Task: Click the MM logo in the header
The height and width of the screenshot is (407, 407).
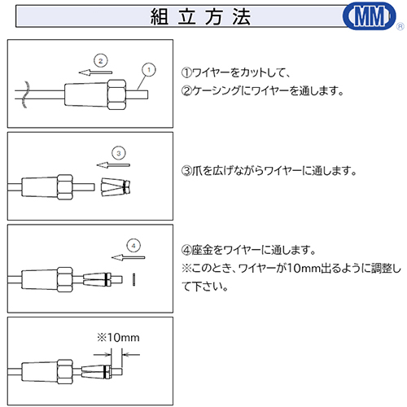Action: (x=370, y=15)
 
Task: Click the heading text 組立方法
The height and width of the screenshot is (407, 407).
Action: (x=200, y=17)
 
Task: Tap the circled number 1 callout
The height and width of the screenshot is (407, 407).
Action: (x=149, y=70)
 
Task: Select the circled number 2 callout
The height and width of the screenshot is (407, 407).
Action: (x=101, y=61)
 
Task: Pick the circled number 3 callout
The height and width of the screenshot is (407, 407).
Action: (x=119, y=153)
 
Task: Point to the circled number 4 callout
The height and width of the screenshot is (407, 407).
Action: (x=133, y=246)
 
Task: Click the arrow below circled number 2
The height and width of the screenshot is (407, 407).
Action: (x=95, y=72)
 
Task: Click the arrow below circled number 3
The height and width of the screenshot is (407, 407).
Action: (x=113, y=165)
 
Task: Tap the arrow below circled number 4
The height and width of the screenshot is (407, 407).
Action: (x=128, y=257)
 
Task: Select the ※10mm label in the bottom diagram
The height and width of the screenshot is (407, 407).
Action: (x=118, y=338)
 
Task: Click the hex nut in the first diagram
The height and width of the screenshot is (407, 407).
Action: (x=117, y=94)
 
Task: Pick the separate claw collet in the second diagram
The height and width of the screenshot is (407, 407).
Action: (x=116, y=187)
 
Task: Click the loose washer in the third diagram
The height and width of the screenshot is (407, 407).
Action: (x=134, y=279)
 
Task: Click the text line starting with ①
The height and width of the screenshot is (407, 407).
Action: (x=236, y=72)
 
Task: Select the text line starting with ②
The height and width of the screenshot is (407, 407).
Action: (x=262, y=90)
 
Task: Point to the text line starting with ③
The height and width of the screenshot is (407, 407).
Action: (x=269, y=171)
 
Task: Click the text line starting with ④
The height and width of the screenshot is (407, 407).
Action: (x=248, y=250)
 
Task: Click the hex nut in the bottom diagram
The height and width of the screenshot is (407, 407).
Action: (x=65, y=372)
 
